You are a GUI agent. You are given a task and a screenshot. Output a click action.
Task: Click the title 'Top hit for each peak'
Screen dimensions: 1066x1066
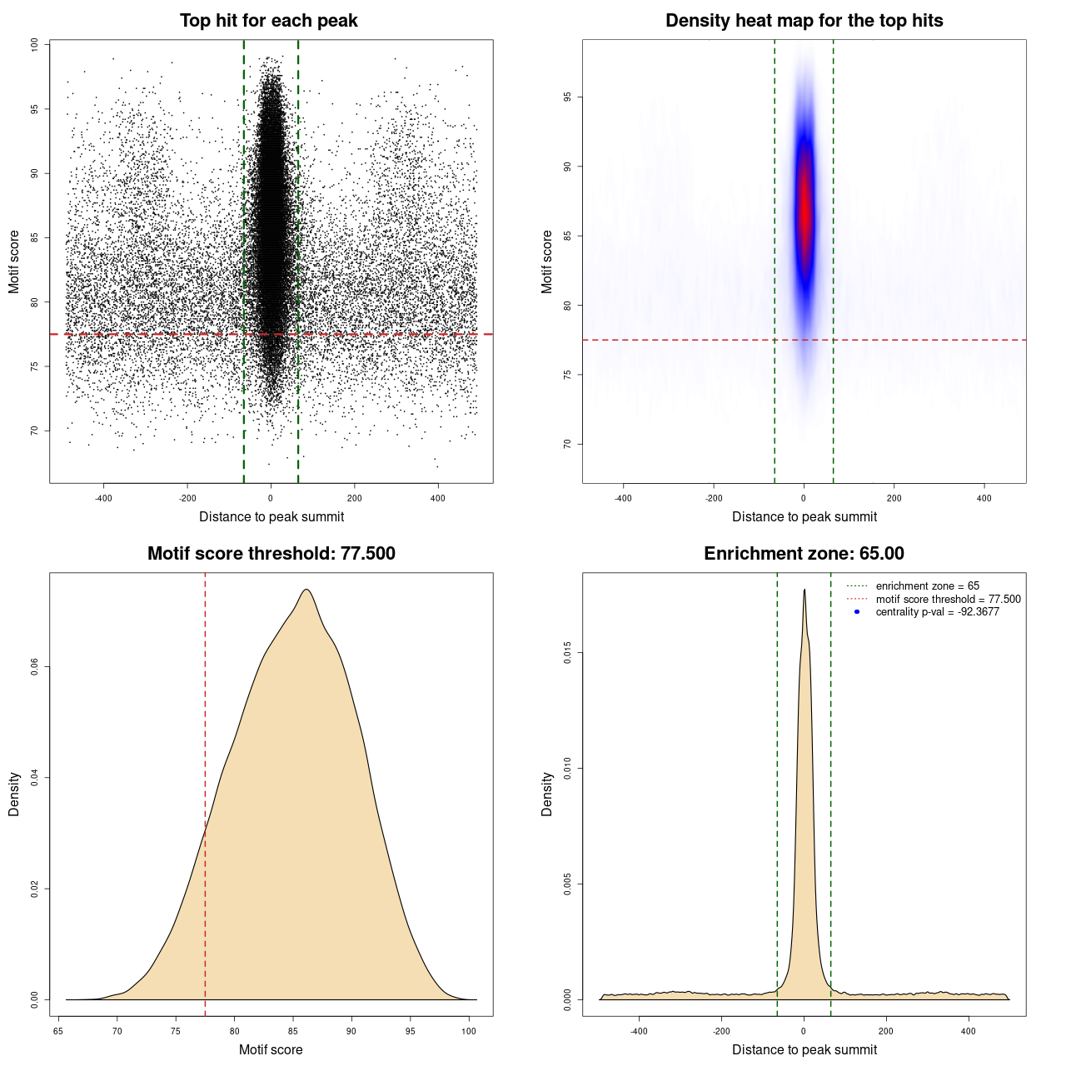click(269, 21)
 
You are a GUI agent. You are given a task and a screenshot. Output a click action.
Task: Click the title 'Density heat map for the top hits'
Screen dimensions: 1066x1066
click(804, 21)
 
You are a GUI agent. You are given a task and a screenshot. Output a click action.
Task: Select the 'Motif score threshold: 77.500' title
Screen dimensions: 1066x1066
click(271, 554)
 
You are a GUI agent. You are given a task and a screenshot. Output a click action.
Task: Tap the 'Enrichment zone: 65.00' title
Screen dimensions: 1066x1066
click(804, 554)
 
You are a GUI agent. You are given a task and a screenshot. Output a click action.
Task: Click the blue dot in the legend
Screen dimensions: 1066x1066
click(857, 612)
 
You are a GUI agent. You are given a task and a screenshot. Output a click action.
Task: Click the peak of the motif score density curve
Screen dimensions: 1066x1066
click(306, 590)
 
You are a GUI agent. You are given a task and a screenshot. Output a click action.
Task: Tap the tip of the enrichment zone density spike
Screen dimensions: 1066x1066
click(804, 590)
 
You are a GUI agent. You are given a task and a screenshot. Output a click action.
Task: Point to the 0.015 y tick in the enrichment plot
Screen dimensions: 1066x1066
click(568, 654)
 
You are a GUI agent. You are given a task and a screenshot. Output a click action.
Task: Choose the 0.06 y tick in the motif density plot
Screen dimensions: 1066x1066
click(35, 667)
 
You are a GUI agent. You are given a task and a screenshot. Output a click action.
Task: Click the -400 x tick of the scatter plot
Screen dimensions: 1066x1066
click(103, 498)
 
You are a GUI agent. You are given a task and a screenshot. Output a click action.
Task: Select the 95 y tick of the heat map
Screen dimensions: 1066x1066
click(568, 97)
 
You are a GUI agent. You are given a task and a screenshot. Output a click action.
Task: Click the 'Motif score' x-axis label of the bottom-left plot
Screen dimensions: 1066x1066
click(271, 1049)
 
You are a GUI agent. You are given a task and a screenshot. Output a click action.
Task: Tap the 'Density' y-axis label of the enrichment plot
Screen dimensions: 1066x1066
click(547, 794)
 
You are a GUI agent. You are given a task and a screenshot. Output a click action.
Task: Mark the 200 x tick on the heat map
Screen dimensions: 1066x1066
click(894, 498)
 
